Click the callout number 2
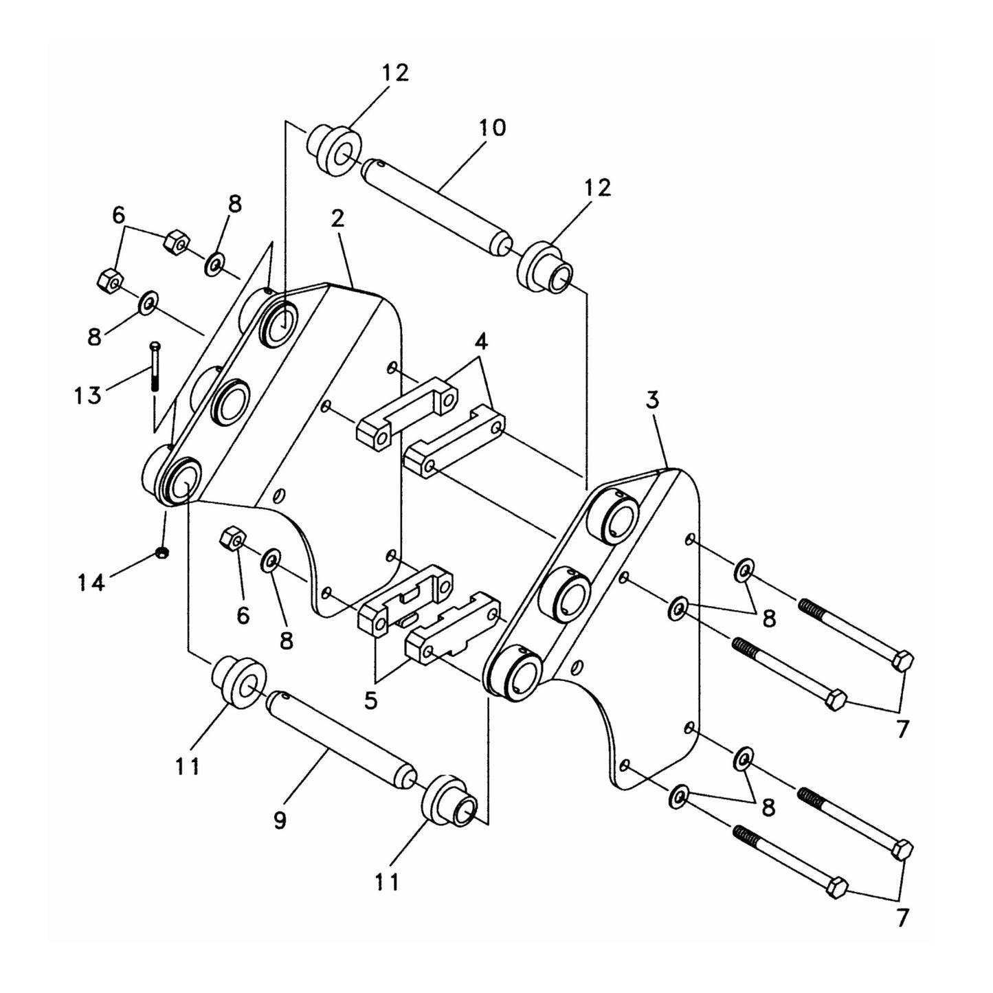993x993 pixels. tap(337, 219)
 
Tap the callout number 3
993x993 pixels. tap(652, 401)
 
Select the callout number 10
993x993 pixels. tap(492, 128)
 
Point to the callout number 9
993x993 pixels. tap(280, 820)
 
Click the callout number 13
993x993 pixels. tap(88, 395)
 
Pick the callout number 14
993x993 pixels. tap(91, 583)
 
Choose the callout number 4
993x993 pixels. tap(482, 341)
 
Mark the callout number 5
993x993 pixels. tap(371, 701)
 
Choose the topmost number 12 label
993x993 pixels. tap(394, 72)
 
